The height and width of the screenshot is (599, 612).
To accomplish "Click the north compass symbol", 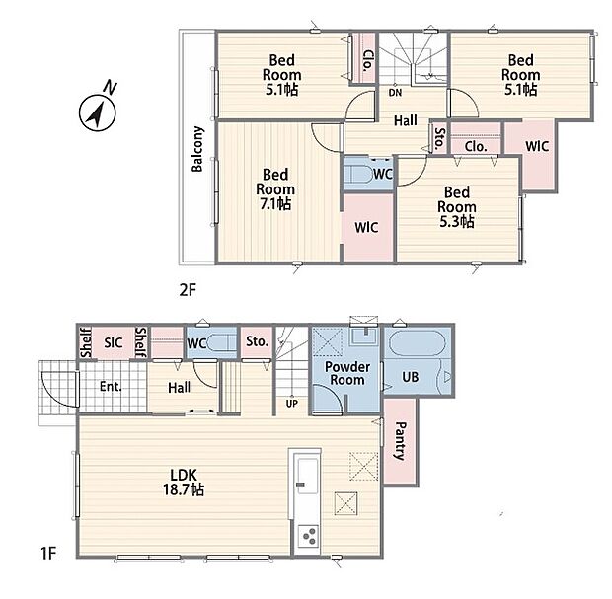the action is pyautogui.click(x=98, y=112).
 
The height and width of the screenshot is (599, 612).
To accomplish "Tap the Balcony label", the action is pyautogui.click(x=197, y=149).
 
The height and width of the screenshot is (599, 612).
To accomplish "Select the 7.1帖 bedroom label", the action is pyautogui.click(x=275, y=189).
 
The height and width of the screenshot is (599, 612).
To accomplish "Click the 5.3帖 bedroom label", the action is pyautogui.click(x=457, y=207).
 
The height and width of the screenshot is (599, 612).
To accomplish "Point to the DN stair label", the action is pyautogui.click(x=395, y=93).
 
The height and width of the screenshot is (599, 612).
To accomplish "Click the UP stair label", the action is pyautogui.click(x=291, y=404).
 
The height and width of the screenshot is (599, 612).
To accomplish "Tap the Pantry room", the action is pyautogui.click(x=400, y=441).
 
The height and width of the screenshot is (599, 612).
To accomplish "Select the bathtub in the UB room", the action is pyautogui.click(x=418, y=343).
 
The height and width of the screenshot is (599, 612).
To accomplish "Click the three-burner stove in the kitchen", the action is pyautogui.click(x=308, y=536).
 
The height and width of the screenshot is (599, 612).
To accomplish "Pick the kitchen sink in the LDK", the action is pyautogui.click(x=308, y=476).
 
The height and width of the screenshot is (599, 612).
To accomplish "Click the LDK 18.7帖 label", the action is pyautogui.click(x=184, y=483).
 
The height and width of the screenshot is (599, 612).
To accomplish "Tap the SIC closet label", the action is pyautogui.click(x=114, y=343).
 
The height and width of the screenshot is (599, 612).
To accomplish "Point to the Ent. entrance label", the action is pyautogui.click(x=111, y=387).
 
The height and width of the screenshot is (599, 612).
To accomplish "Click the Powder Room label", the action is pyautogui.click(x=347, y=373).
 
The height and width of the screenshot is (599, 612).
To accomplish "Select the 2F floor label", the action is pyautogui.click(x=188, y=290).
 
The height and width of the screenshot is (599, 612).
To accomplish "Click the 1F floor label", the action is pyautogui.click(x=48, y=553).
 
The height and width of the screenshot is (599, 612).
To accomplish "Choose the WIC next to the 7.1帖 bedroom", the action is pyautogui.click(x=368, y=228).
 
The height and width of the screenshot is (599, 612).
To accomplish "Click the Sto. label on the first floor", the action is pyautogui.click(x=258, y=341).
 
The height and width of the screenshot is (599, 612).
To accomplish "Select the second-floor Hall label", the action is pyautogui.click(x=406, y=121).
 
